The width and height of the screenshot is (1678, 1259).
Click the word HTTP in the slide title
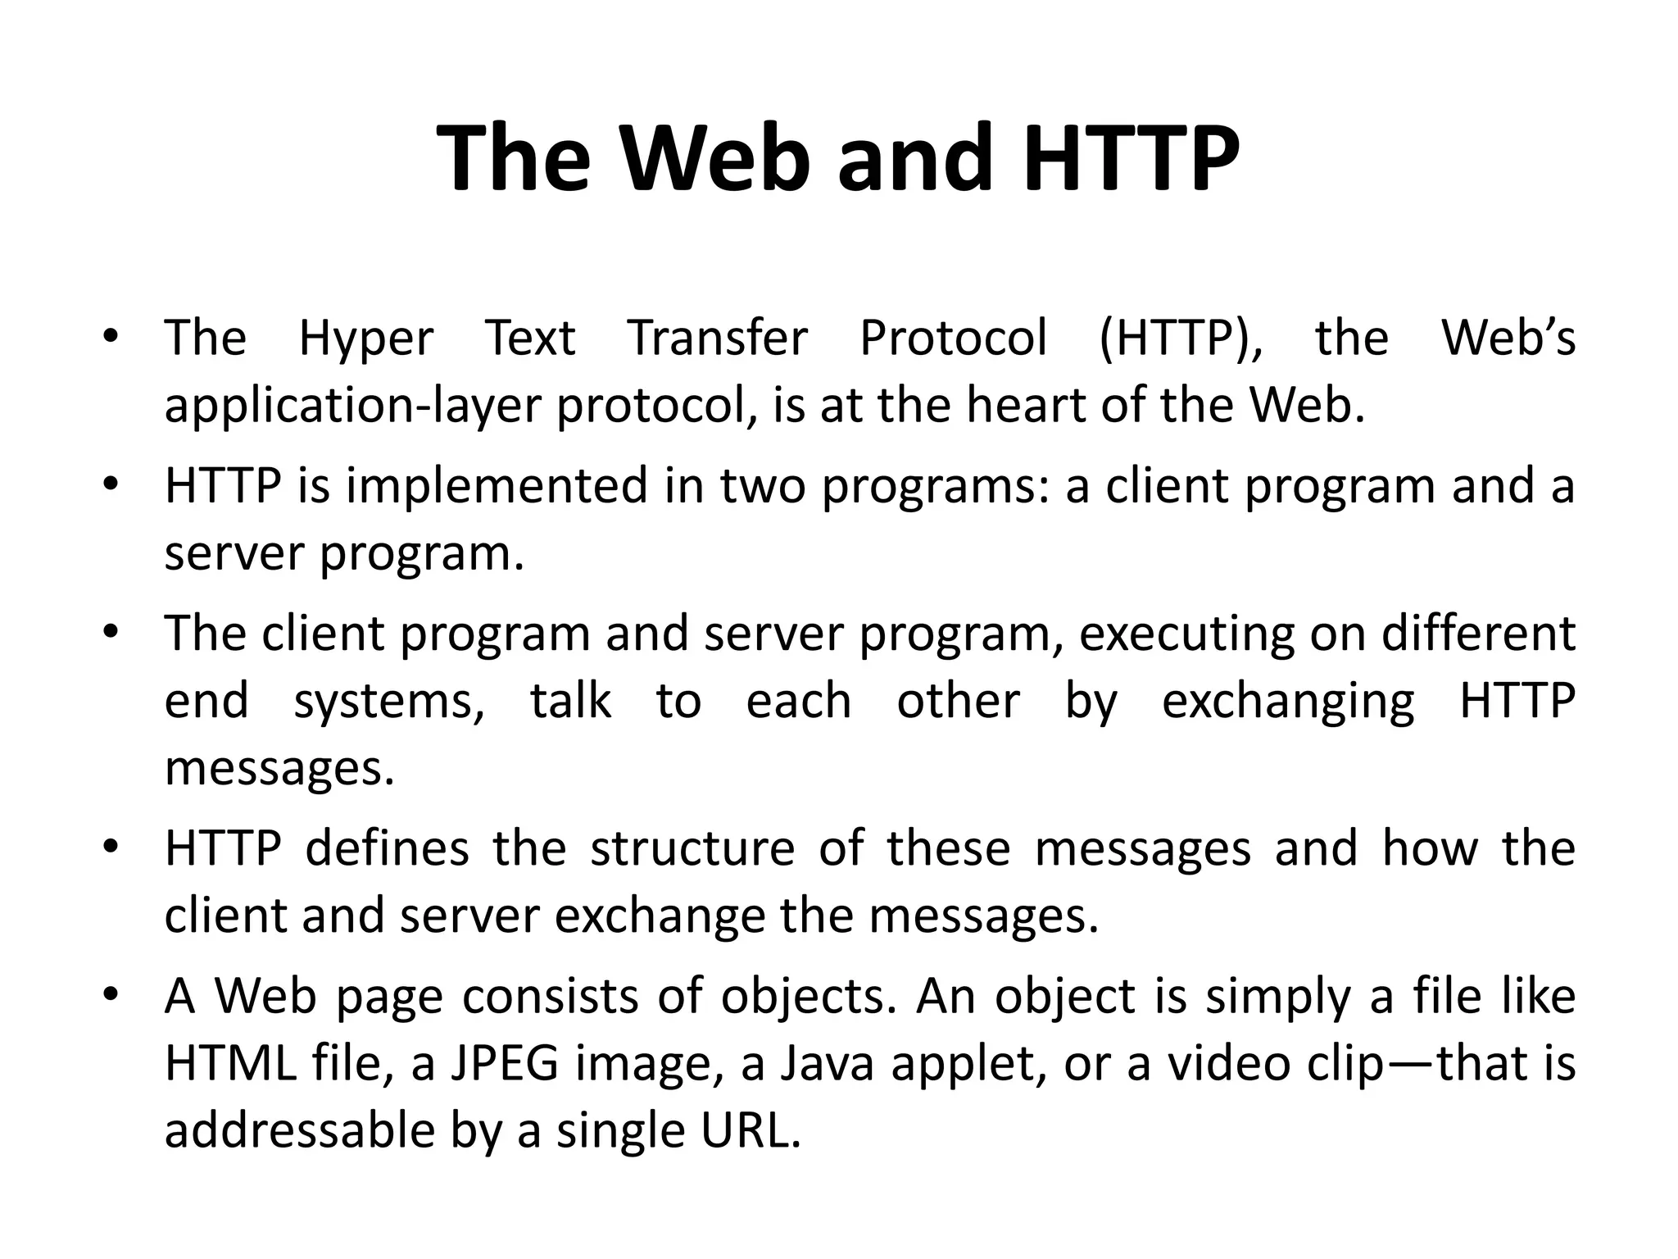click(1132, 157)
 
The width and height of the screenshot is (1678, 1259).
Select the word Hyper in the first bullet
click(365, 338)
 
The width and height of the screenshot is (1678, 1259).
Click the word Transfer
click(718, 338)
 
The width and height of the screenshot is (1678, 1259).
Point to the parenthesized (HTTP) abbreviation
click(1181, 338)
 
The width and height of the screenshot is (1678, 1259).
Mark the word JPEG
click(504, 1063)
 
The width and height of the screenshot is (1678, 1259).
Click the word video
click(1228, 1063)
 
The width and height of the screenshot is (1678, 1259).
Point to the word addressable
click(299, 1130)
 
